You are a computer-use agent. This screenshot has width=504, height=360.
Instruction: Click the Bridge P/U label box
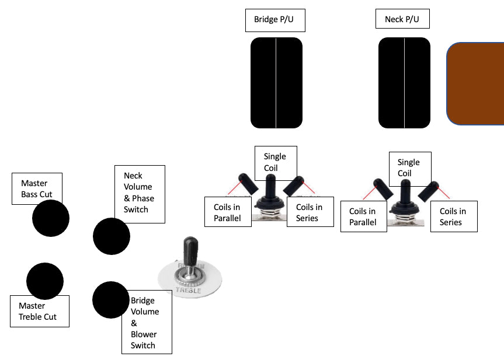(x=275, y=20)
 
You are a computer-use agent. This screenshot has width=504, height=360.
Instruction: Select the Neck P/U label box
(x=402, y=19)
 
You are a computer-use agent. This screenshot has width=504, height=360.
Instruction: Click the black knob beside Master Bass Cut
(x=51, y=218)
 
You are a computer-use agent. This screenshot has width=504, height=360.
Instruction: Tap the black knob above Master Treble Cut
(x=45, y=281)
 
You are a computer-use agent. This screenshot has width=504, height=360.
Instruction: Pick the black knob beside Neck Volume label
(x=111, y=236)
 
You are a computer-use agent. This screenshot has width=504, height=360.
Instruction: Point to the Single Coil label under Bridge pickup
(x=276, y=163)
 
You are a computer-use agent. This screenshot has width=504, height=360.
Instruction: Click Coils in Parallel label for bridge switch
(x=228, y=212)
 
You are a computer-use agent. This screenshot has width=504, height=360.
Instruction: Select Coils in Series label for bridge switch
(x=310, y=212)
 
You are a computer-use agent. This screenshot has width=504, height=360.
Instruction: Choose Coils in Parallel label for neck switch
(x=363, y=216)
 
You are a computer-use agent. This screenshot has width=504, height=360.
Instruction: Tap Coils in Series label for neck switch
(x=454, y=216)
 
